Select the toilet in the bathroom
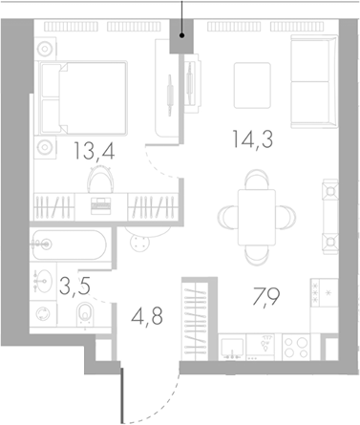coord(84,310)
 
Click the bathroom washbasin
coord(43,281)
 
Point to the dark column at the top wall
coord(181,40)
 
